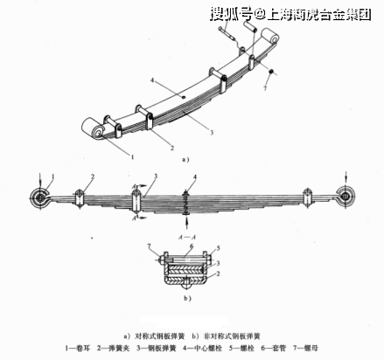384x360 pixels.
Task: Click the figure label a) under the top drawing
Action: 185,161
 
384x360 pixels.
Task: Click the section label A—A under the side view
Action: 186,237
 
